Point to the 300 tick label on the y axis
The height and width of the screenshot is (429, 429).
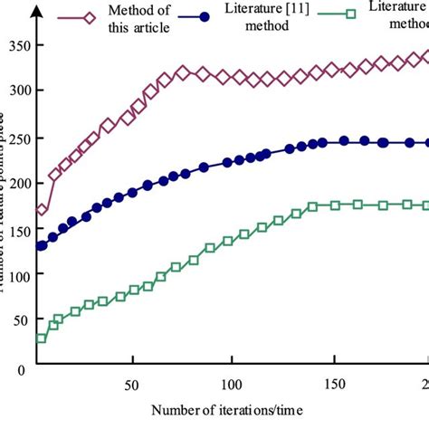16,91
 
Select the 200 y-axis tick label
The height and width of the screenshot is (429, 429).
16,183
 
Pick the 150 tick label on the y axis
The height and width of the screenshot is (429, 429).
16,229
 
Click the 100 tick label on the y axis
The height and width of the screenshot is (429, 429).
16,275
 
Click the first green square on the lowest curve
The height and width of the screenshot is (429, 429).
42,338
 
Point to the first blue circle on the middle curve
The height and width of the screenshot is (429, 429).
42,245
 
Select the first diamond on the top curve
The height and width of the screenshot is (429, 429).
42,210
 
